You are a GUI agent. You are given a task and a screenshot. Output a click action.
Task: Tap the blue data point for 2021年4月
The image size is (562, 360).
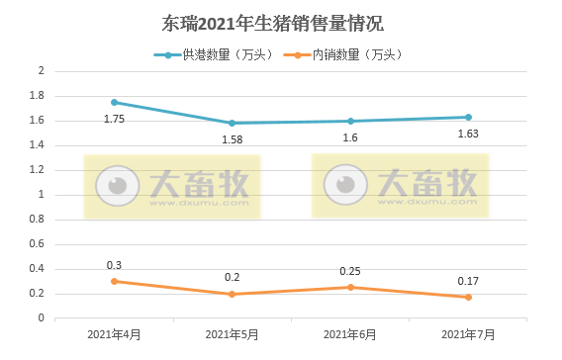pos(114,102)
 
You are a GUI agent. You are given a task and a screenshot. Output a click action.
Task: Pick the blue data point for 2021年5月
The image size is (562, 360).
pos(232,123)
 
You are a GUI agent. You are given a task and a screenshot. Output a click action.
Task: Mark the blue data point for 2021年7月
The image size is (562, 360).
pos(468,117)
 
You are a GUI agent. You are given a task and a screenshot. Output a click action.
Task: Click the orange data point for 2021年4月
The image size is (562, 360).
pos(114,281)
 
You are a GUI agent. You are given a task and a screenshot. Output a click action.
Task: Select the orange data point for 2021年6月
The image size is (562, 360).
pos(350,287)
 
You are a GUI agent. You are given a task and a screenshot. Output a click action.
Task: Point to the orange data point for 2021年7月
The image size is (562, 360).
pos(468,297)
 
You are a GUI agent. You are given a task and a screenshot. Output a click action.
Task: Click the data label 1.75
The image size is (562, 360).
pos(114,119)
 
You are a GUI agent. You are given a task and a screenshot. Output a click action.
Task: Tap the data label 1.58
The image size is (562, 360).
pos(232,139)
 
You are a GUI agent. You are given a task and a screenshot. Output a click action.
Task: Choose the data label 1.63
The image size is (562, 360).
pos(468,134)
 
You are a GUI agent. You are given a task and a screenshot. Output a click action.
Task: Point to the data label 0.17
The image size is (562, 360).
pos(468,281)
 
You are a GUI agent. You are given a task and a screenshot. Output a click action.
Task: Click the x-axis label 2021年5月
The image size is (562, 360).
pos(232,334)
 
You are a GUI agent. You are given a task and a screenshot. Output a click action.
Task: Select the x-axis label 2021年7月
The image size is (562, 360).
pos(468,334)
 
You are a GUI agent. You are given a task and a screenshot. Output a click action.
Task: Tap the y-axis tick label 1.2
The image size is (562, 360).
pos(39,170)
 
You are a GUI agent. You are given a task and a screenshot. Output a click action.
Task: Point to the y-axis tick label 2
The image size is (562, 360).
pos(42,71)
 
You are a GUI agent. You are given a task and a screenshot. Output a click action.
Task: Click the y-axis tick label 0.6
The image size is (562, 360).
pos(39,244)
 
